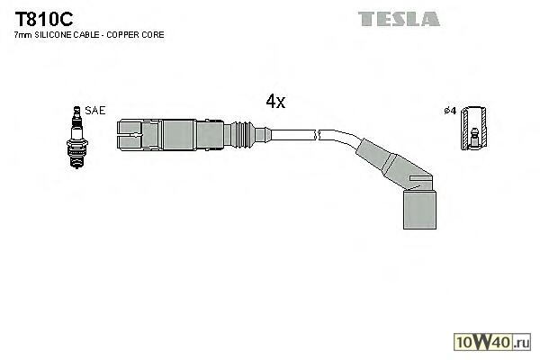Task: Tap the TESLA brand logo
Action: [398, 19]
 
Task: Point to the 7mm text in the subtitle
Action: [22, 34]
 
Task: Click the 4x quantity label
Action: [275, 102]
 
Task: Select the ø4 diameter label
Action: [451, 111]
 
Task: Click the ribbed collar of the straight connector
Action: [246, 134]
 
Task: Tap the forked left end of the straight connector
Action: [130, 134]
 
